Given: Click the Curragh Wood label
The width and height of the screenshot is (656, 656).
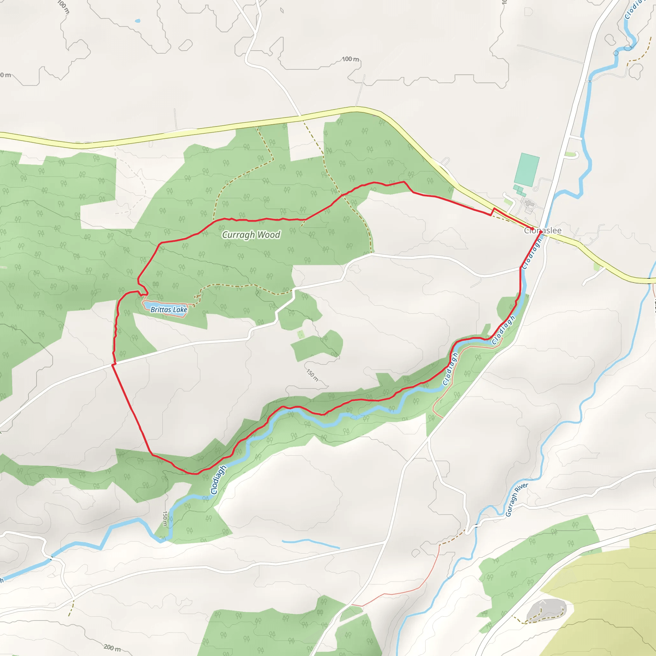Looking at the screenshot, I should point(251,234).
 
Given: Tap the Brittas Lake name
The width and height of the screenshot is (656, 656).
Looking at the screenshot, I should point(169,309).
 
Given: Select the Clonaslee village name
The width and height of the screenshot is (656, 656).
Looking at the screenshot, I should point(543,231).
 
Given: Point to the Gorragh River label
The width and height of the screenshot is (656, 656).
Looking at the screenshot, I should point(516,499).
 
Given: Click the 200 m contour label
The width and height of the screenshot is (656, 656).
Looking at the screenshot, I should point(112,648).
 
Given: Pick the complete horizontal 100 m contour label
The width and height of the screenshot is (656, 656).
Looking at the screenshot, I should point(350,59).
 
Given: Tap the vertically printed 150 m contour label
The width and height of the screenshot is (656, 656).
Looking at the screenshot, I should point(165,519).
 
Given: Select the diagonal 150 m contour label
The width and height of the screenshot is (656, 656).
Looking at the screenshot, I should point(312,375).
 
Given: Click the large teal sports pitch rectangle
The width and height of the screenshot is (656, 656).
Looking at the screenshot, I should point(527,170).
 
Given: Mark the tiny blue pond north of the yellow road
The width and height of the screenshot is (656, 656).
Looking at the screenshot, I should point(137,21).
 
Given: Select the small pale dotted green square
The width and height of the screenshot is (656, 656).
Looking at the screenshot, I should point(300,334).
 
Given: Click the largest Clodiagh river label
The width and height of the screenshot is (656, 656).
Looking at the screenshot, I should point(218,480).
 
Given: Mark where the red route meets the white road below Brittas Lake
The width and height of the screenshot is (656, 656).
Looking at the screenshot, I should point(113,364).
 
